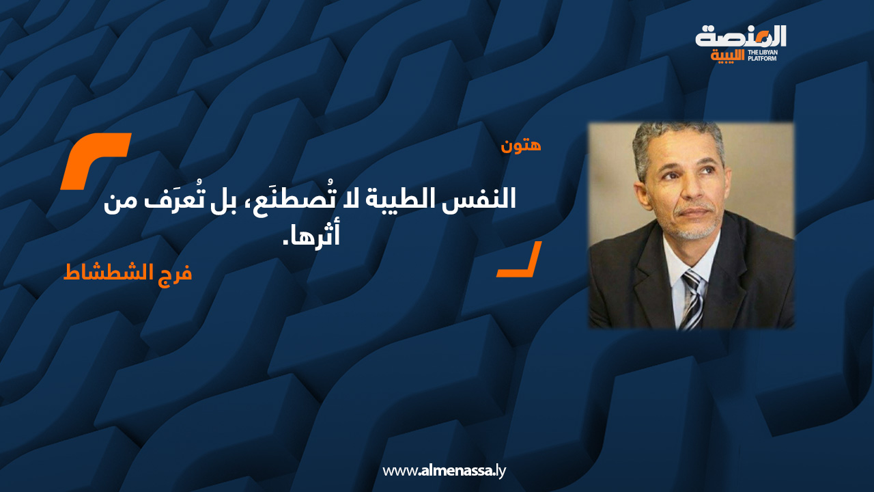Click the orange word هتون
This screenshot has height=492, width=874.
pyautogui.click(x=521, y=145)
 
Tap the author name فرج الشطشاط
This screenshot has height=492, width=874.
pyautogui.click(x=128, y=272)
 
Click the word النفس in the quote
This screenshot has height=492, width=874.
pyautogui.click(x=485, y=202)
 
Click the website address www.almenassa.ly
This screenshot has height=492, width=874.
pyautogui.click(x=444, y=470)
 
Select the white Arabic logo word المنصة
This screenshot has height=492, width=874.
pyautogui.click(x=741, y=36)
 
